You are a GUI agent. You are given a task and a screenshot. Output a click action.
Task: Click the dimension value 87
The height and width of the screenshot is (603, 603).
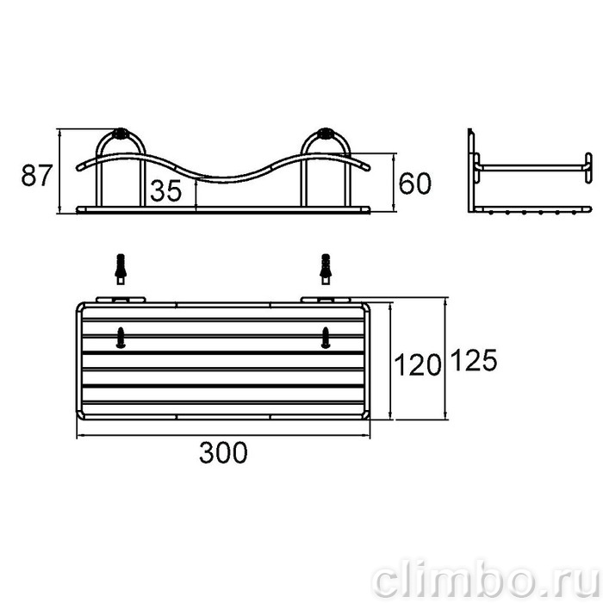tap(36, 175)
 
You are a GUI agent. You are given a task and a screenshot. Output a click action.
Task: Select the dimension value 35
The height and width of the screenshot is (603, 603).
tap(165, 190)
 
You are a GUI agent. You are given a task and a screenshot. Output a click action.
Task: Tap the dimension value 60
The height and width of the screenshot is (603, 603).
tap(415, 183)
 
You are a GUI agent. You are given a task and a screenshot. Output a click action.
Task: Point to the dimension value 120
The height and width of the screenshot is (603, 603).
tap(418, 364)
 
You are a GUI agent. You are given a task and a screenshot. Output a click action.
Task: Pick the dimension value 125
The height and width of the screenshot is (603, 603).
tap(474, 360)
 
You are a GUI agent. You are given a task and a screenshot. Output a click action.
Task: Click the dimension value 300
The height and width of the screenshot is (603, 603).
tap(223, 452)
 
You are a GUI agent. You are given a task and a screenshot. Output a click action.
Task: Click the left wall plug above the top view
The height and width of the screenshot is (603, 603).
tap(121, 269)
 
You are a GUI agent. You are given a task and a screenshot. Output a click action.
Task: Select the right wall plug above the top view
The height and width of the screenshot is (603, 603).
tap(326, 269)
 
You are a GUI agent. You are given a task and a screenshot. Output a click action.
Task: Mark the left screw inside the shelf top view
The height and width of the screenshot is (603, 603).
tap(121, 338)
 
